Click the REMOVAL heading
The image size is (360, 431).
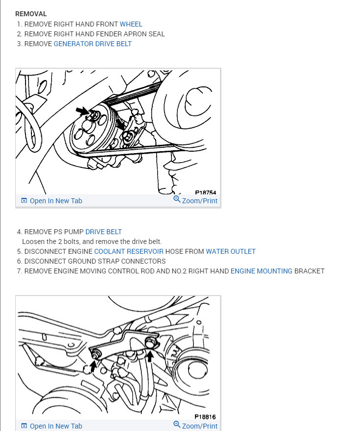31,14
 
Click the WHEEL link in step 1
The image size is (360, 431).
131,24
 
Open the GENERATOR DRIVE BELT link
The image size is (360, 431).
92,44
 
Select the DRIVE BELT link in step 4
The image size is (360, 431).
104,232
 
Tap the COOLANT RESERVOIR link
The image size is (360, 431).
129,251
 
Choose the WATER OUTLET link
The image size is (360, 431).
230,251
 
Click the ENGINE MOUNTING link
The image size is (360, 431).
261,271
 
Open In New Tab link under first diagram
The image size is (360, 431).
56,201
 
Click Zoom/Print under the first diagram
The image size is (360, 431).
200,201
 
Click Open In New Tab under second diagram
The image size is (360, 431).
56,426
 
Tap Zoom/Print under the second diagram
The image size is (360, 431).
200,426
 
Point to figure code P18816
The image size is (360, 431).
205,417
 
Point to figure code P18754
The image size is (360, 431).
205,192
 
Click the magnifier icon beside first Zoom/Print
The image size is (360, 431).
177,199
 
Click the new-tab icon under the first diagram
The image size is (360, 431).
24,201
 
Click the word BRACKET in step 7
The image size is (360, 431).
309,271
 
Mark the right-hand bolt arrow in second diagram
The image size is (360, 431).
150,356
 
